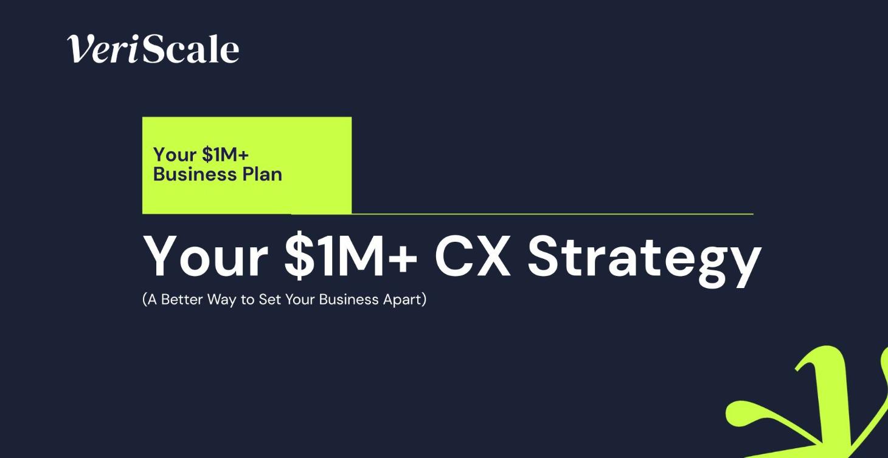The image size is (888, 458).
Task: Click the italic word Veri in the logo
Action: click(x=103, y=49)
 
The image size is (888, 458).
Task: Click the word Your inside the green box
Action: click(x=175, y=155)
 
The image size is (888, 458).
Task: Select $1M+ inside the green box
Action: click(x=226, y=155)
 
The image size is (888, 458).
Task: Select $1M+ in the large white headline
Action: click(x=350, y=256)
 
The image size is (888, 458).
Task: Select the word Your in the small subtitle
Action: click(x=299, y=300)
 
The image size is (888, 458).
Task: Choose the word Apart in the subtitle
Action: click(x=404, y=300)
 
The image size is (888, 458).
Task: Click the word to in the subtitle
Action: click(x=248, y=300)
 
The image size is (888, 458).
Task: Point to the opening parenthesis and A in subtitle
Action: click(x=148, y=300)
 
